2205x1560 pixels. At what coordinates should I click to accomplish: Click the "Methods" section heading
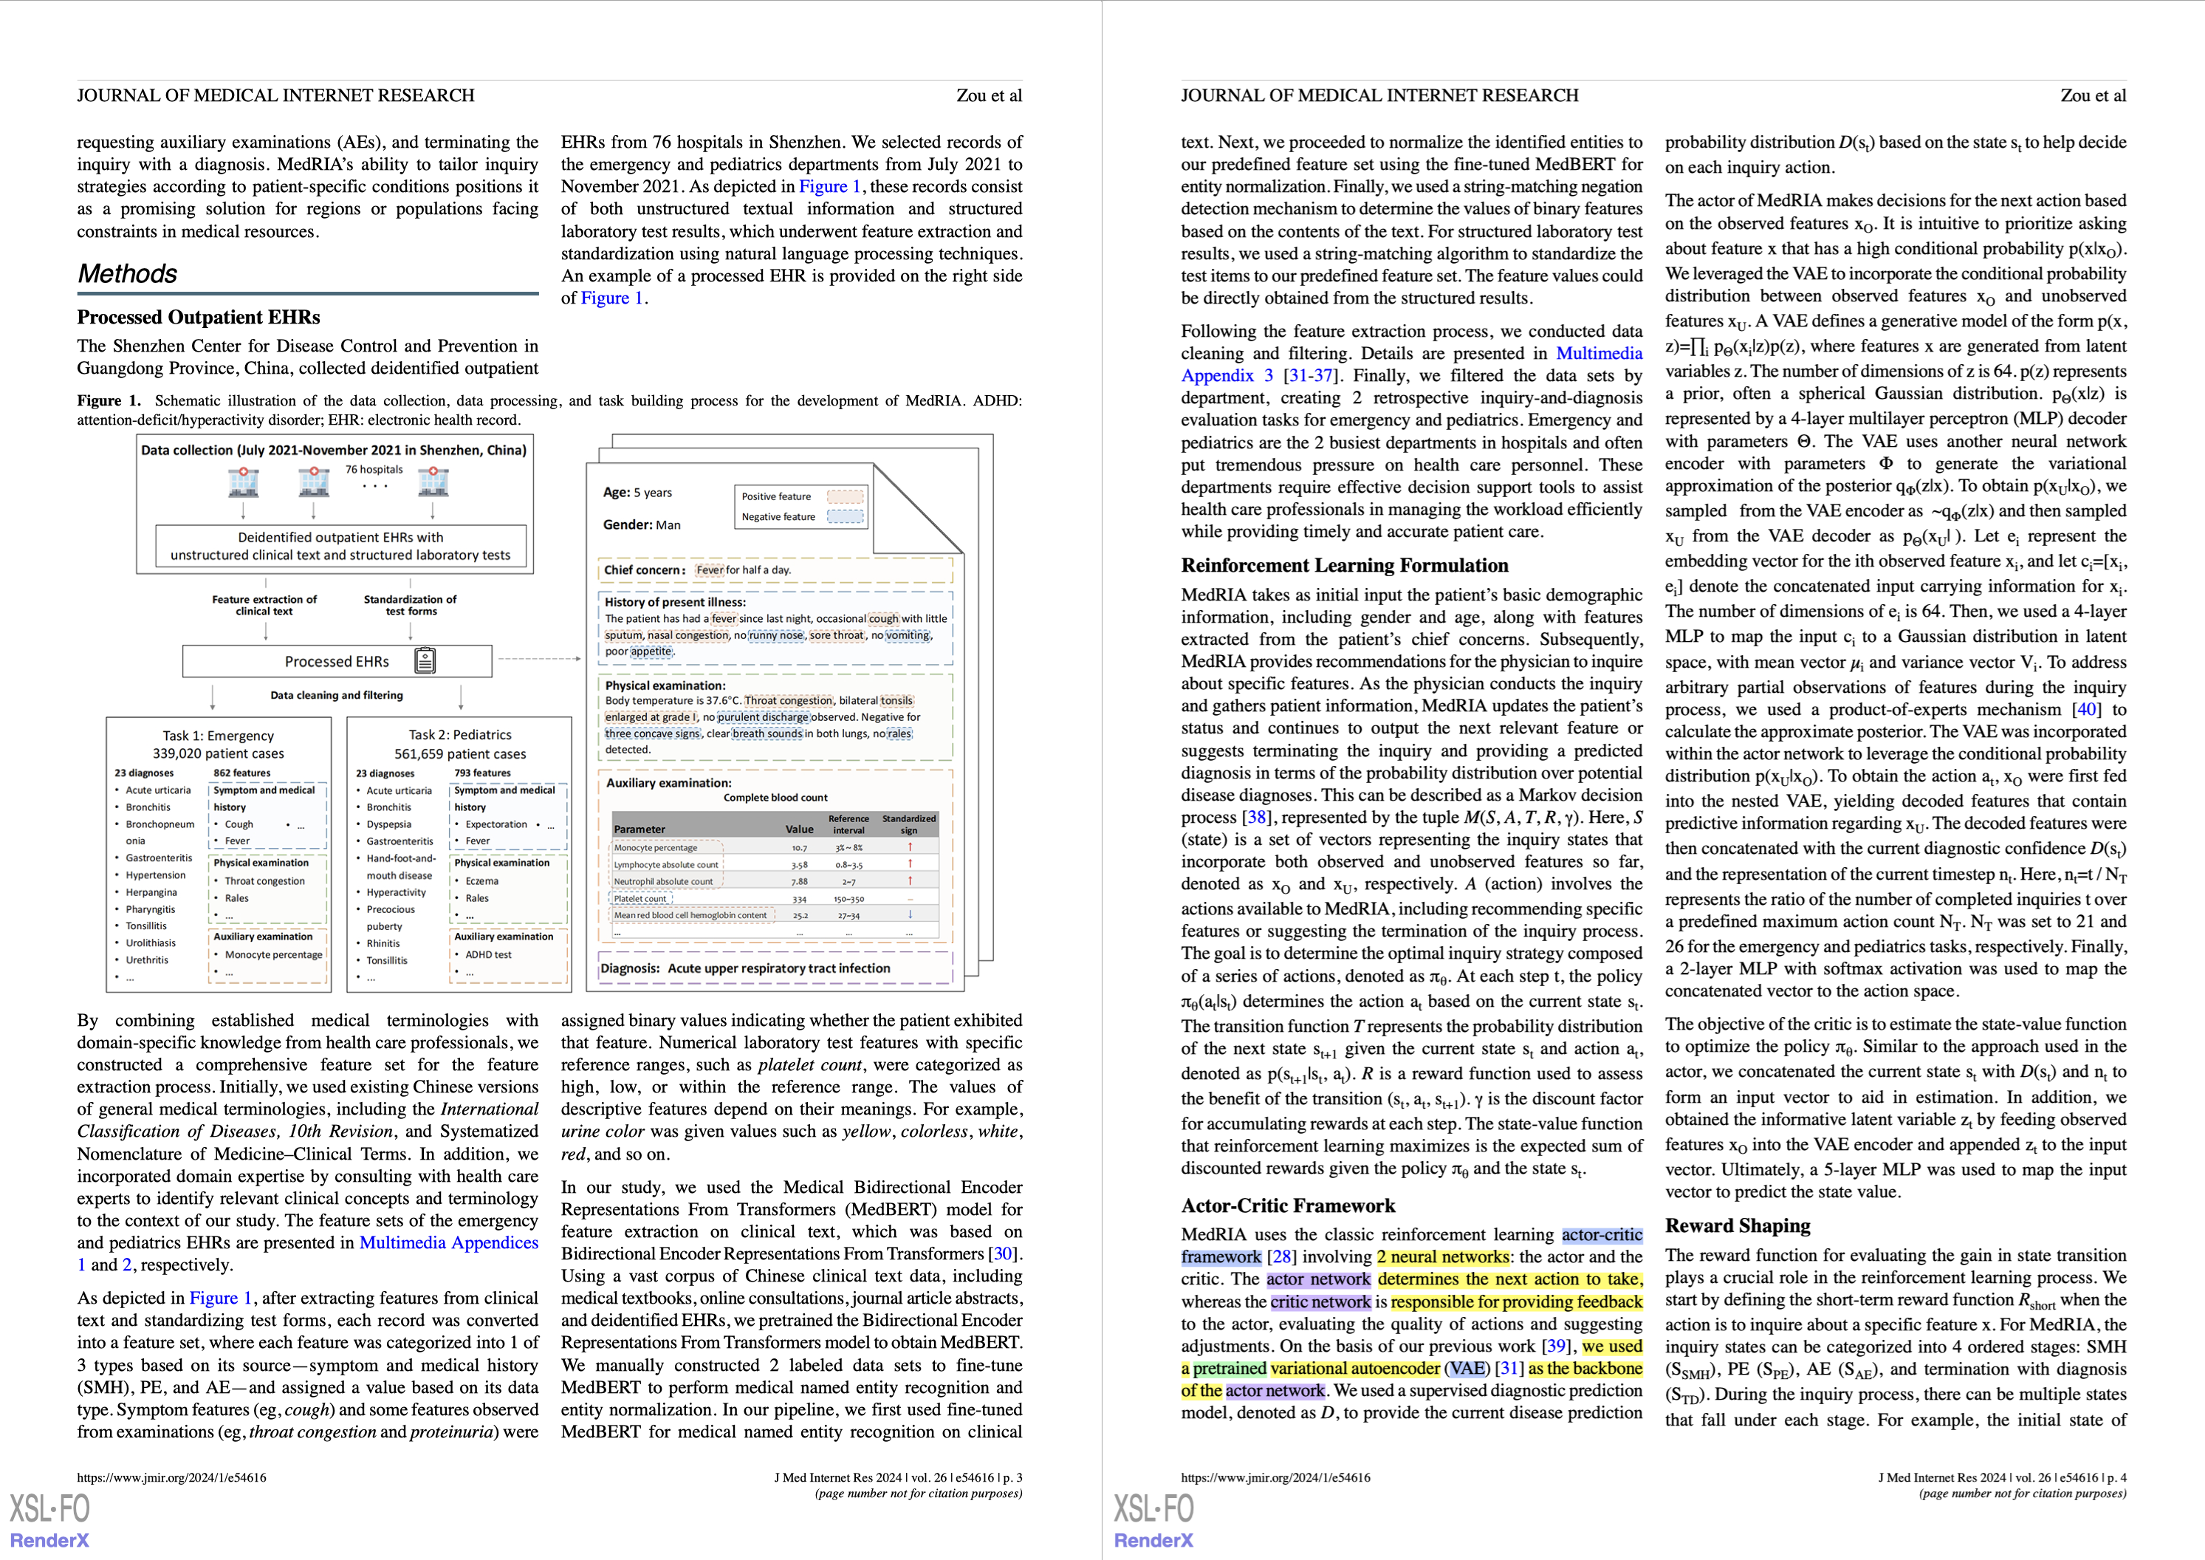(x=128, y=275)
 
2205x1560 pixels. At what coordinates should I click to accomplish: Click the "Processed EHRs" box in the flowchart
(x=336, y=662)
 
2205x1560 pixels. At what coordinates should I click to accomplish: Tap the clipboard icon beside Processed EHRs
(x=425, y=661)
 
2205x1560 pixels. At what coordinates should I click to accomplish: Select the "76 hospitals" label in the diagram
(x=374, y=470)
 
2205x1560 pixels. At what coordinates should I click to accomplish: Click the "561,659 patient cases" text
(x=460, y=754)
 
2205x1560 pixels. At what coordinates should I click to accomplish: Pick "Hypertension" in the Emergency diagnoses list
(x=156, y=875)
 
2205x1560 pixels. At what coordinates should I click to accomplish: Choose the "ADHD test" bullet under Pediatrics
(x=488, y=955)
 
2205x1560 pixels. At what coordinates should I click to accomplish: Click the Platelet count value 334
(x=799, y=899)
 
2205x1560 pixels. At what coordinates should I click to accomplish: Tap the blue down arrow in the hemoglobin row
(x=910, y=914)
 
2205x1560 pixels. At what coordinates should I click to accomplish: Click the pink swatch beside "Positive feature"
(x=845, y=496)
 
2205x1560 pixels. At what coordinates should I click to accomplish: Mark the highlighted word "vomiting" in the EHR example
(x=908, y=635)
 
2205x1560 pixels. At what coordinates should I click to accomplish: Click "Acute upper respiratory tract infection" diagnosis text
(x=779, y=968)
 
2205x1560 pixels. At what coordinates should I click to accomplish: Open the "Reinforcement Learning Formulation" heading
(x=1345, y=566)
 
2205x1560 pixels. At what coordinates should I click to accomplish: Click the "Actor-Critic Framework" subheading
(x=1288, y=1206)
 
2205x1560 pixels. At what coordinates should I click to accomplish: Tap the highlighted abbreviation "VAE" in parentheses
(x=1467, y=1369)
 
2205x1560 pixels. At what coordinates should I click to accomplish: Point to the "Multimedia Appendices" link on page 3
(x=448, y=1243)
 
